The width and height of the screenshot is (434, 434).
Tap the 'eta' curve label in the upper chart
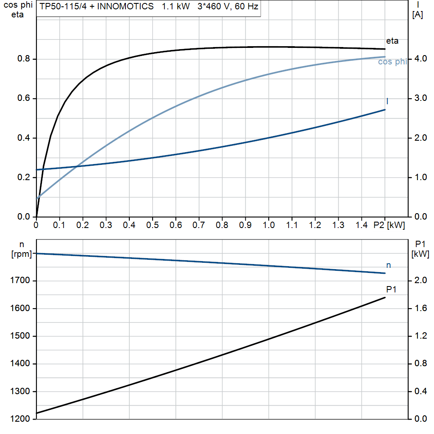392,41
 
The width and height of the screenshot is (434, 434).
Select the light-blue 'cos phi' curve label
392,62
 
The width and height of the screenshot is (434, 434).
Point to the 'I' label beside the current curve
387,101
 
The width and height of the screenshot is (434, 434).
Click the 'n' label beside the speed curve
389,265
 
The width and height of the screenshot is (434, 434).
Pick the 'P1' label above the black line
391,289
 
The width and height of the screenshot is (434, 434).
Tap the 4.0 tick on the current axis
420,59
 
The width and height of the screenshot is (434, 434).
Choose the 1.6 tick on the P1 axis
420,309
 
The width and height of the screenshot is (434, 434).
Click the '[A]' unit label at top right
417,15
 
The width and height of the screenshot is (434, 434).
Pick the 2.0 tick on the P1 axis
420,281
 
